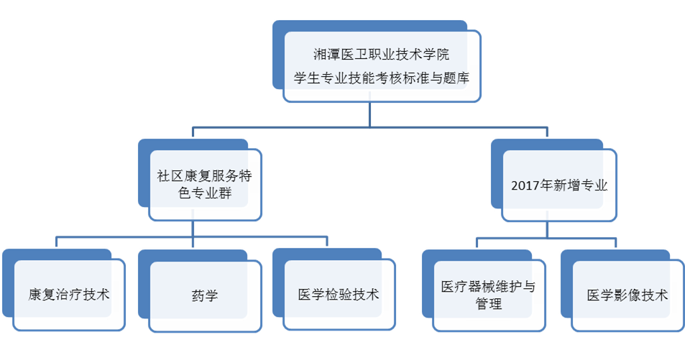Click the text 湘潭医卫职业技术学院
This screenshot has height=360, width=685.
click(382, 55)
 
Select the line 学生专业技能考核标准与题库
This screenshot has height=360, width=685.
click(382, 77)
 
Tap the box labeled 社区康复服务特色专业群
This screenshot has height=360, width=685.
click(204, 185)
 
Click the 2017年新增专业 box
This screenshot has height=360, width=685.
click(559, 185)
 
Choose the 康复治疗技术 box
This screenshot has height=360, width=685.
click(69, 294)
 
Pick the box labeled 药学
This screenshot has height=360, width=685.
click(206, 295)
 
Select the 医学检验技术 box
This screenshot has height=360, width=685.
click(339, 294)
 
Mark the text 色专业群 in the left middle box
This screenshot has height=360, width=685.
click(204, 194)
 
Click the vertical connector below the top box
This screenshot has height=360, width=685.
click(369, 115)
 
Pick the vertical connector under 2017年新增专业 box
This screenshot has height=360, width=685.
click(547, 229)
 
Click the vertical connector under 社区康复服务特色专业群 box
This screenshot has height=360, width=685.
click(193, 229)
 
